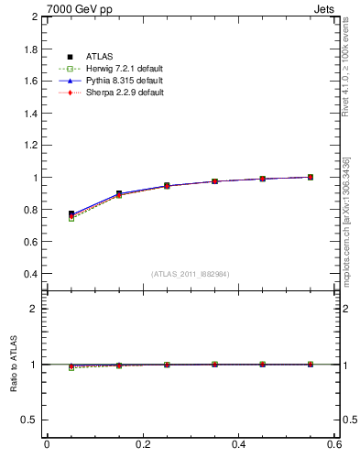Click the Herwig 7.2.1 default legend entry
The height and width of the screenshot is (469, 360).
click(x=120, y=70)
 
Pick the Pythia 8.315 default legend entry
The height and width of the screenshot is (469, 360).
click(x=120, y=82)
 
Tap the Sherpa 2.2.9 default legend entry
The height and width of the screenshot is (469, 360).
click(x=120, y=93)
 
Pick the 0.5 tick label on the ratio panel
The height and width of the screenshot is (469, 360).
click(x=29, y=420)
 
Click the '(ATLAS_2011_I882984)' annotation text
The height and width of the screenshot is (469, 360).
click(x=191, y=274)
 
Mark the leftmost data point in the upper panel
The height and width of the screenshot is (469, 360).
click(x=71, y=214)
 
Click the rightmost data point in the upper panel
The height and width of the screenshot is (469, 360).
click(x=311, y=177)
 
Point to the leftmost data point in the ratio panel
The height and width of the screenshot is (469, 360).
click(x=71, y=365)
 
